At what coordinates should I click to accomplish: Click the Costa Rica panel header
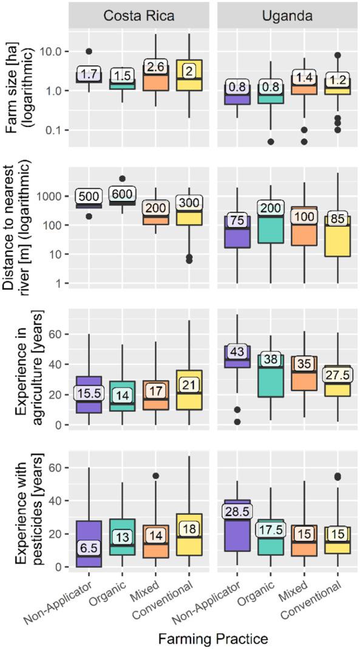point(139,16)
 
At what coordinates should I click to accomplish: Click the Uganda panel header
point(287,16)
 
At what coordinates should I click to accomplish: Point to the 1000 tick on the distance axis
point(53,197)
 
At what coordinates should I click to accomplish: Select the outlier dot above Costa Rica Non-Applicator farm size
point(89,52)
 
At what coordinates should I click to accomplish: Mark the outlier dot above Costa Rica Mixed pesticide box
point(155,476)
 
